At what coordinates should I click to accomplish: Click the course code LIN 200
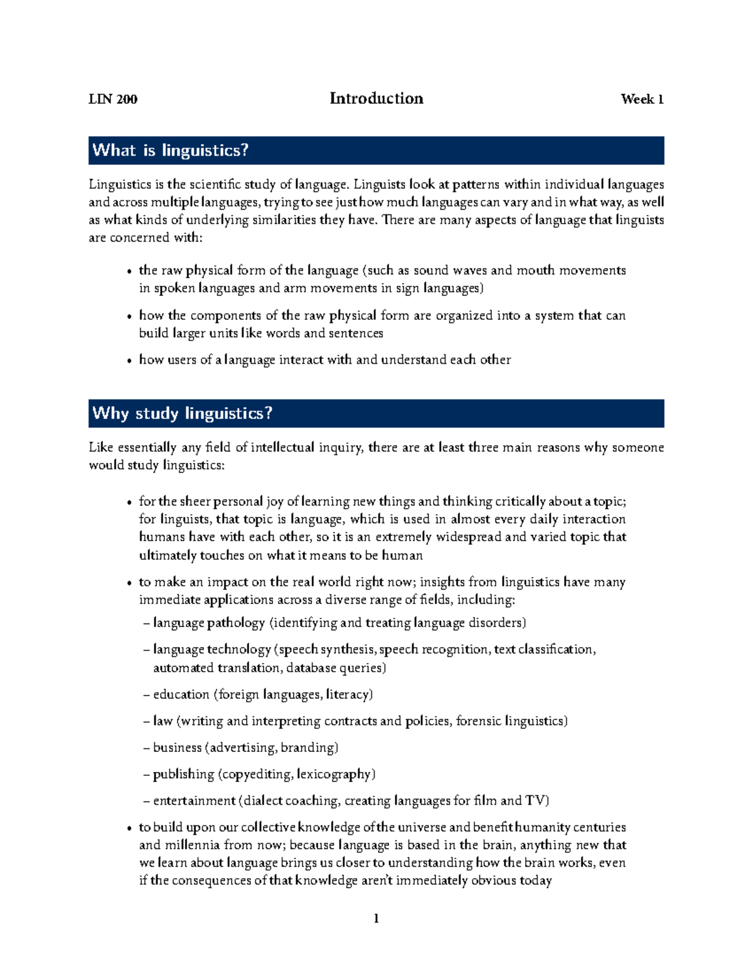113,99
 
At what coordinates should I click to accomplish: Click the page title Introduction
376,98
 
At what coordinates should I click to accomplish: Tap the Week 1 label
642,99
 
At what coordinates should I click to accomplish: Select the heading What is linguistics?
171,151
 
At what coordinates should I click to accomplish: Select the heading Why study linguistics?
183,413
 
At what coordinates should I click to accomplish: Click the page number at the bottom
376,919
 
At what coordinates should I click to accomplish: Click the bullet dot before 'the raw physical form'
129,272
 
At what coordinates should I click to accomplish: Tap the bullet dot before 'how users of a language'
129,361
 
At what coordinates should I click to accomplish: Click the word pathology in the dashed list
236,623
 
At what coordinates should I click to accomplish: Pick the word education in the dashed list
181,694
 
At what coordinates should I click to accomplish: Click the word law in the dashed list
163,721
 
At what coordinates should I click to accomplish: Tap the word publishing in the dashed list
183,775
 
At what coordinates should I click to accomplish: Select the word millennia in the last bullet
192,845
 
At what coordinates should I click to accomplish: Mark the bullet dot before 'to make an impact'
129,583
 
